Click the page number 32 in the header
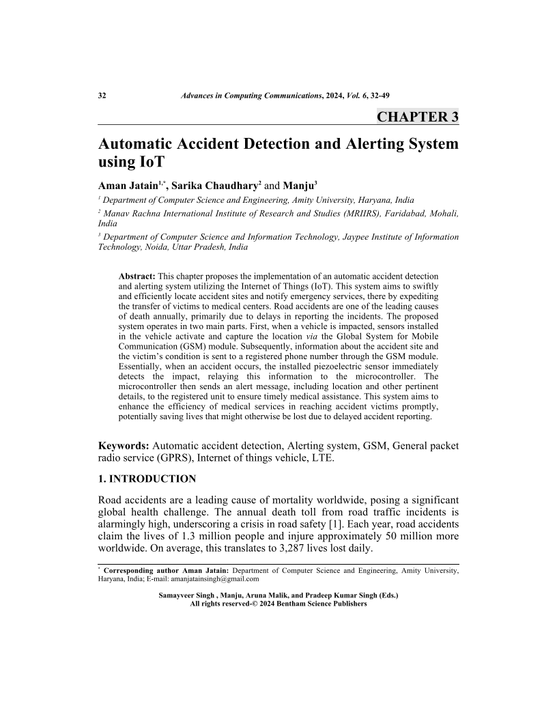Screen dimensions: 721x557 point(103,96)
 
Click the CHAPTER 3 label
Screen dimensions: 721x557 point(417,117)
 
